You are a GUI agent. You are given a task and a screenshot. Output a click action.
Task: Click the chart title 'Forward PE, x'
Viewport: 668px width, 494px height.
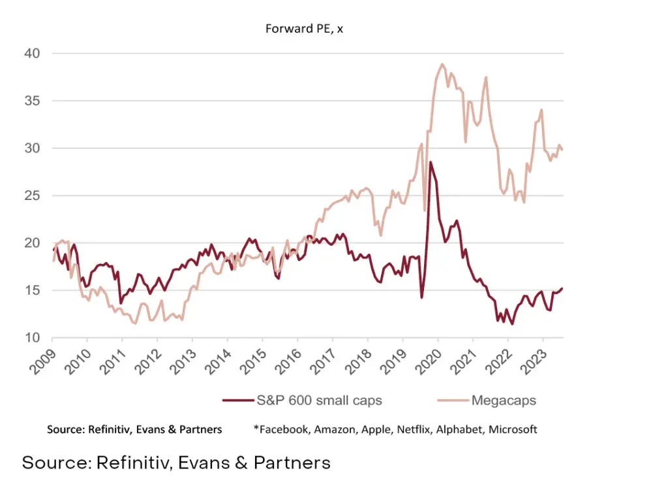click(304, 29)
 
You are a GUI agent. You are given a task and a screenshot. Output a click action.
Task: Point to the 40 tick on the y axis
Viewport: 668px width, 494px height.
click(34, 54)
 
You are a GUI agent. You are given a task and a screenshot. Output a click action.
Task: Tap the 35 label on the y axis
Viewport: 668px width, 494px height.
click(34, 101)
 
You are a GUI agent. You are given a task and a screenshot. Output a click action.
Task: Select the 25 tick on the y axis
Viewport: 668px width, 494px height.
click(34, 196)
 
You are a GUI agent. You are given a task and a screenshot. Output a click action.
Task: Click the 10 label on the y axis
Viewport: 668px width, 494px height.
click(34, 338)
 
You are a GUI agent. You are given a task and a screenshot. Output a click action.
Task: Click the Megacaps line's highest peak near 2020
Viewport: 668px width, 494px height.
click(442, 64)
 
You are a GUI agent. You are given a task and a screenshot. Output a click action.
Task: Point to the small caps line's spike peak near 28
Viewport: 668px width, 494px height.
click(431, 162)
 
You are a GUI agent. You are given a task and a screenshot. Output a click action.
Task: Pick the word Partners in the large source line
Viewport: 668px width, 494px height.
click(292, 463)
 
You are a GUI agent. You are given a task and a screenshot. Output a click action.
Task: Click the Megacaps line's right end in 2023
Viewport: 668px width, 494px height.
click(562, 150)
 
